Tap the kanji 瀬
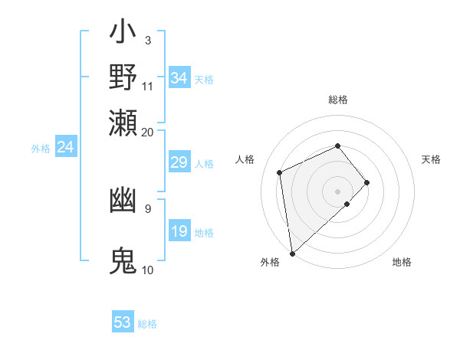click(x=123, y=123)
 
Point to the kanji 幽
click(x=123, y=201)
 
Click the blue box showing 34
click(x=179, y=78)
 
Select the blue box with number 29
click(x=179, y=162)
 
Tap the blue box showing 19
click(x=179, y=231)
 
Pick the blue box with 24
click(x=65, y=147)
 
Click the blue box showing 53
click(x=123, y=322)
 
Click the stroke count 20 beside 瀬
click(x=147, y=132)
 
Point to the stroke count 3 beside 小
click(x=147, y=40)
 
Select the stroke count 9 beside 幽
click(x=147, y=208)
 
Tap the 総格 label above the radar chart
click(x=337, y=100)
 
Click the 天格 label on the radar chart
click(x=432, y=159)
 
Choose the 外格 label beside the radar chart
click(x=270, y=262)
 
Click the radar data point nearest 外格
click(x=292, y=254)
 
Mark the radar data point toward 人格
click(x=280, y=172)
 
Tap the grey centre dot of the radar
click(x=337, y=191)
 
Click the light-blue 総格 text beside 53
click(x=147, y=324)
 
